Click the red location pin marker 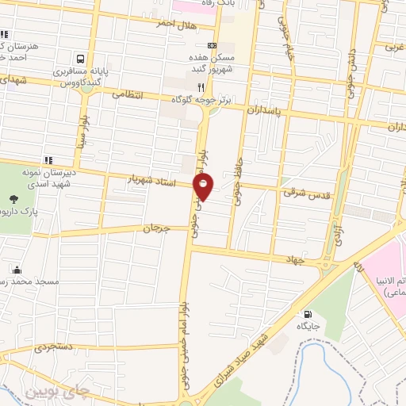tap(204, 186)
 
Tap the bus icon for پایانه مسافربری tap(80, 59)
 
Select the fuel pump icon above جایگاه tap(308, 313)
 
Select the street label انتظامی tap(127, 94)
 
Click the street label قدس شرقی tap(301, 192)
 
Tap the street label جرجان tap(157, 228)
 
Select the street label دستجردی tap(52, 347)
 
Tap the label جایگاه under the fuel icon tap(308, 326)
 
